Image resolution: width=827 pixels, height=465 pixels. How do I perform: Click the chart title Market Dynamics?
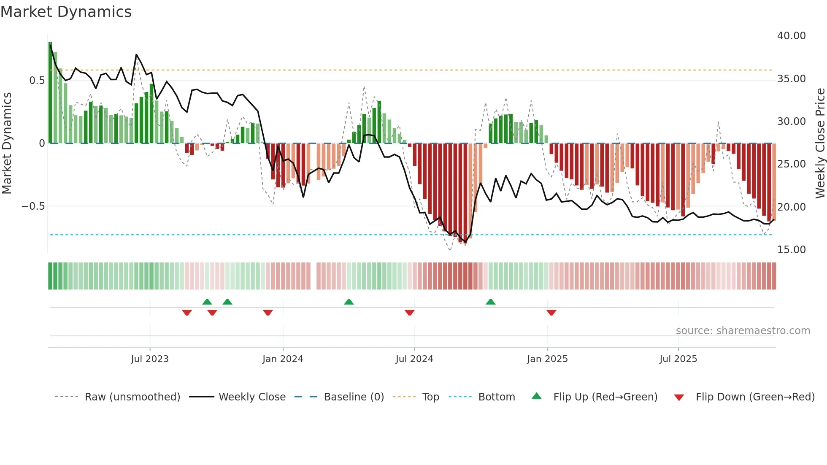tap(66, 12)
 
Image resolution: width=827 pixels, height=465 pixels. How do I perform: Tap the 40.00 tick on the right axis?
tap(791, 36)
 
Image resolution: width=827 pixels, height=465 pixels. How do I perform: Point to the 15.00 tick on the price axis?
tap(791, 250)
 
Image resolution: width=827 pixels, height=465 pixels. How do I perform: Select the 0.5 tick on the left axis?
tap(37, 81)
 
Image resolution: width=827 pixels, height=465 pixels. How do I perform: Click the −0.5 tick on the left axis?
tap(33, 206)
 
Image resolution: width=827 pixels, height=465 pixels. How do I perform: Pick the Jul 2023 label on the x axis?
tap(150, 359)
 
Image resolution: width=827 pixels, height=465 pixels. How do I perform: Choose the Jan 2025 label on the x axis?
tap(547, 359)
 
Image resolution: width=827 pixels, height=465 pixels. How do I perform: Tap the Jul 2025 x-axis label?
tap(678, 359)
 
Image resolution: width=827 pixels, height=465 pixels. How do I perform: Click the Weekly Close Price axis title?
tap(820, 143)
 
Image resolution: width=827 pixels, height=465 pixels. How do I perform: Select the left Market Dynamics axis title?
tap(7, 143)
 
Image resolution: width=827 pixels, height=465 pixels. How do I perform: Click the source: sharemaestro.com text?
tap(743, 331)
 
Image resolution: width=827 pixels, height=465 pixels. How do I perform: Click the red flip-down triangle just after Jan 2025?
tap(551, 313)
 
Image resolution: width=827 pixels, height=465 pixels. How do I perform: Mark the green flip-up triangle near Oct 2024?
tap(490, 302)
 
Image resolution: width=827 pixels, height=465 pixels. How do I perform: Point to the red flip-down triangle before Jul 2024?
tap(409, 313)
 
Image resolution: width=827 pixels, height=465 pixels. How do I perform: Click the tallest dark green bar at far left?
tap(50, 93)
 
